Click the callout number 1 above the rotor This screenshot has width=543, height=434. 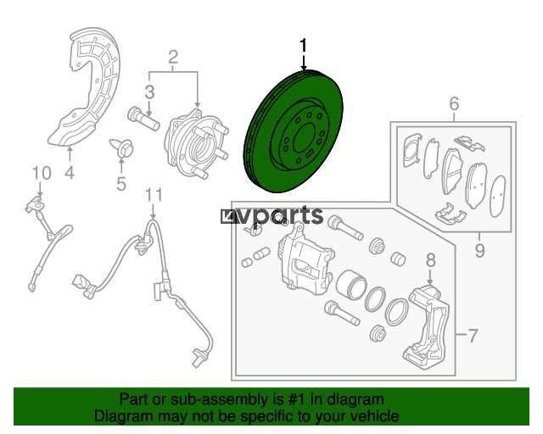pyautogui.click(x=304, y=46)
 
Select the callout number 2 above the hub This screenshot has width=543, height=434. pyautogui.click(x=173, y=57)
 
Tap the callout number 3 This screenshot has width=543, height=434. pyautogui.click(x=149, y=92)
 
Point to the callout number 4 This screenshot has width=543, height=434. pyautogui.click(x=70, y=172)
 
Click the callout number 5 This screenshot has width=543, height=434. pyautogui.click(x=121, y=184)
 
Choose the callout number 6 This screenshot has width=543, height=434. pyautogui.click(x=454, y=103)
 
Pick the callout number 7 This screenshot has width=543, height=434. pyautogui.click(x=473, y=335)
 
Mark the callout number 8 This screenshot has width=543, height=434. pyautogui.click(x=430, y=260)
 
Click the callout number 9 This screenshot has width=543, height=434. pyautogui.click(x=479, y=250)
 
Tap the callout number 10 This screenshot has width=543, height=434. pyautogui.click(x=42, y=173)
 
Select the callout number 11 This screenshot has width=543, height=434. pyautogui.click(x=154, y=196)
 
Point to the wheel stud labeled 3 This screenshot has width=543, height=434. pyautogui.click(x=143, y=119)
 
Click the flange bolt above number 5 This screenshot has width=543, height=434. pyautogui.click(x=122, y=147)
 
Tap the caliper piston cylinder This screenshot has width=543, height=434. pyautogui.click(x=351, y=285)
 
